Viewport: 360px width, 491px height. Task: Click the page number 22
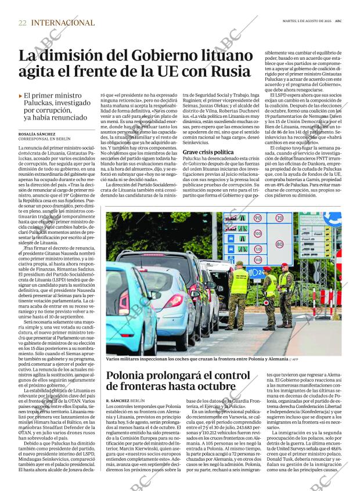[x=22, y=23]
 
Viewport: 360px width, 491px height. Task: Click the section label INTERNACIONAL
[x=63, y=23]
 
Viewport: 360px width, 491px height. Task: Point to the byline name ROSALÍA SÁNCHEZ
[x=38, y=133]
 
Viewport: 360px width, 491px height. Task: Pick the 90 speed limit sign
[x=258, y=219]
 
